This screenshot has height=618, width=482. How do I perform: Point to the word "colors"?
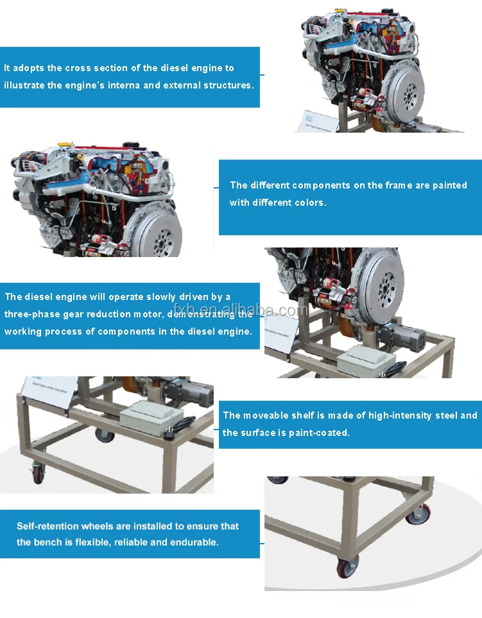tap(310, 203)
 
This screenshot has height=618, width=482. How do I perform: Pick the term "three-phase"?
tap(30, 314)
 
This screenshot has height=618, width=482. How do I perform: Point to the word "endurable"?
tap(196, 542)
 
